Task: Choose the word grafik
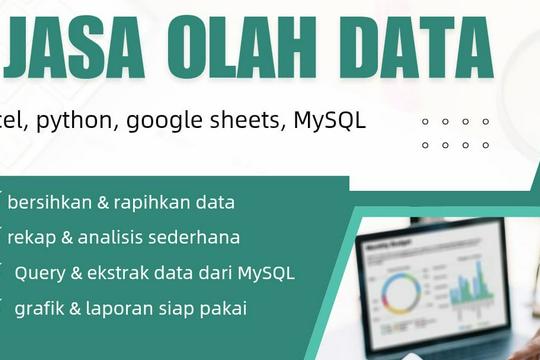[38, 308]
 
